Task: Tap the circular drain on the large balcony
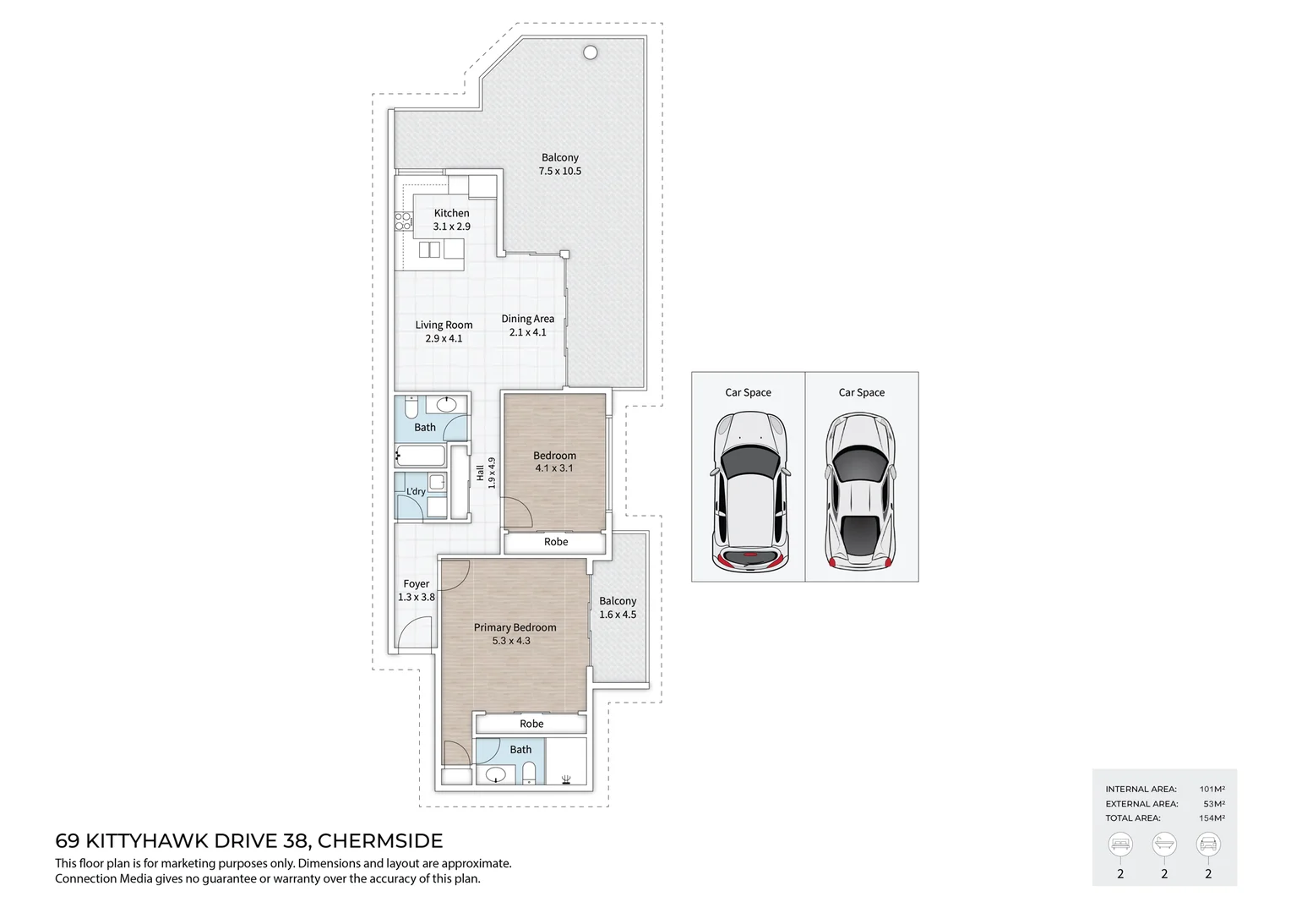[591, 52]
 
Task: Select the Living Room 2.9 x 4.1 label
[444, 331]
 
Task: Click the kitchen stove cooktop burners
[403, 221]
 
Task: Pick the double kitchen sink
[430, 249]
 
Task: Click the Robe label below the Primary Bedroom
[531, 724]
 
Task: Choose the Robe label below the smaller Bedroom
[556, 542]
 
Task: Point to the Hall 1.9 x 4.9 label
[486, 473]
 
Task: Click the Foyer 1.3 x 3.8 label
[417, 590]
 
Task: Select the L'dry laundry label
[416, 491]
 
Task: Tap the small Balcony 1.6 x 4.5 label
[618, 608]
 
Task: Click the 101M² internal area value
[1212, 789]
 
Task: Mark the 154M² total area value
[1212, 817]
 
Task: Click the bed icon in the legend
[1120, 844]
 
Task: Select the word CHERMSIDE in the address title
[379, 841]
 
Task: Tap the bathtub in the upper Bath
[421, 456]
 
